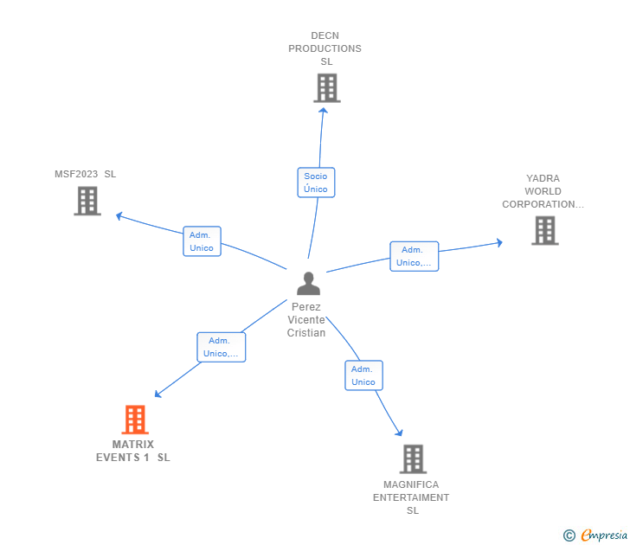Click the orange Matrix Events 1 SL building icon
[134, 420]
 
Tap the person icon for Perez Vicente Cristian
[308, 284]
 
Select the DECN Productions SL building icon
[326, 88]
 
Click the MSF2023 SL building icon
[87, 201]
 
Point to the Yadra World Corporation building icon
[544, 230]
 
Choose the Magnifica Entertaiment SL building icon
[413, 458]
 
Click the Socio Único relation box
[316, 183]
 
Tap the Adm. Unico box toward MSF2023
[202, 241]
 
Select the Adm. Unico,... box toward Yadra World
[414, 256]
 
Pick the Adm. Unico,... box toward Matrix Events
[221, 347]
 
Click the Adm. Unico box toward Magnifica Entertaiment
[363, 375]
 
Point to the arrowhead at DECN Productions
[323, 110]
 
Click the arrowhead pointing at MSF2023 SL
[119, 215]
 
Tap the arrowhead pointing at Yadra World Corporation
[498, 243]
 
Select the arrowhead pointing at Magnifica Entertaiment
[399, 433]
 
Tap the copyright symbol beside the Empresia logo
[569, 535]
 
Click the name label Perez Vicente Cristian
[307, 320]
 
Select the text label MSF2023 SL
[85, 174]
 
